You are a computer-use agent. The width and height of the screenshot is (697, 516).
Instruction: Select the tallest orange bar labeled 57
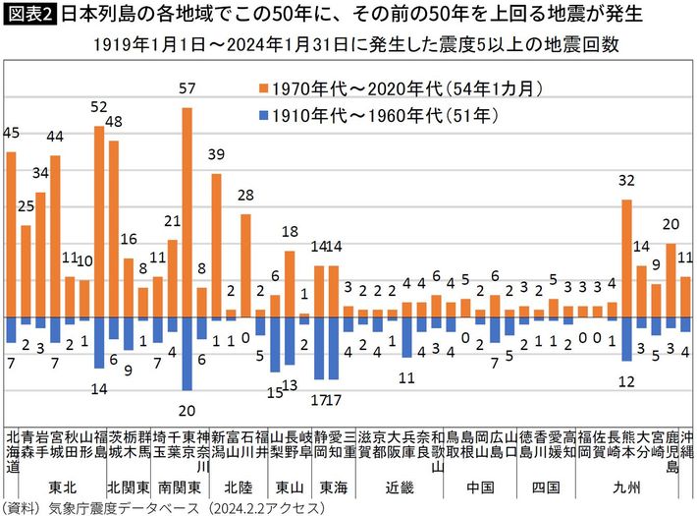pyautogui.click(x=187, y=212)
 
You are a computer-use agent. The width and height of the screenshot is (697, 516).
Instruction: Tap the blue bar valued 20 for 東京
pyautogui.click(x=187, y=354)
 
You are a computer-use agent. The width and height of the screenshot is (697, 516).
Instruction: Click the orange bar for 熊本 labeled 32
pyautogui.click(x=627, y=258)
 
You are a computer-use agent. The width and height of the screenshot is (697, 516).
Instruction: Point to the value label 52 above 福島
pyautogui.click(x=98, y=106)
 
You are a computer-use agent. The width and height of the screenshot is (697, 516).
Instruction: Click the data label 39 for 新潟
pyautogui.click(x=217, y=153)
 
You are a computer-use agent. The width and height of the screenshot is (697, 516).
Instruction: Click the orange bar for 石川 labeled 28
pyautogui.click(x=245, y=265)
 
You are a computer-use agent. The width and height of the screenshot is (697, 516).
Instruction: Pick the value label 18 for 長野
pyautogui.click(x=290, y=231)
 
